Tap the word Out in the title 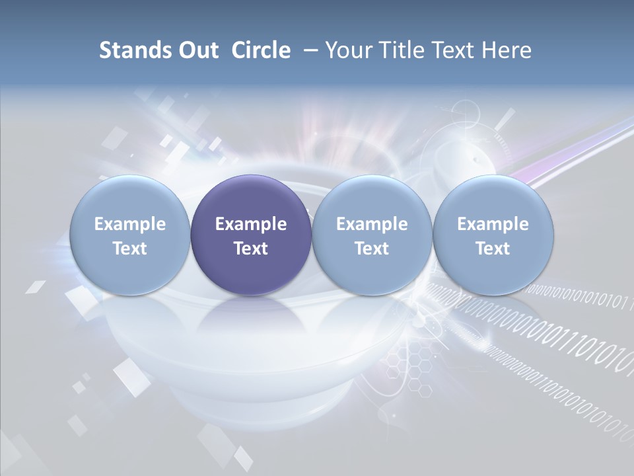coord(196,50)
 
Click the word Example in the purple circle coord(251,224)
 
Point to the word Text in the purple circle coord(251,249)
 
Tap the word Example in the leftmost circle coord(130,224)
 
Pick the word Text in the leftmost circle coord(130,249)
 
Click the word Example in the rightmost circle coord(493,224)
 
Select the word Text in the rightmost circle coord(493,249)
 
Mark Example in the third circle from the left coord(372,224)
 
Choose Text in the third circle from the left coord(372,249)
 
